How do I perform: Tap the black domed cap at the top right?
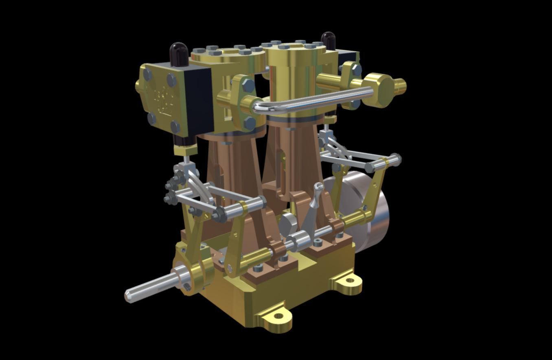[x=328, y=40]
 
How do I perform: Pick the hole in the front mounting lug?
[x=278, y=316]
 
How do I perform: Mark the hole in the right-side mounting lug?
[x=349, y=280]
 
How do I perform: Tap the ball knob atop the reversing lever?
[x=319, y=187]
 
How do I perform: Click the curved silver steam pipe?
[x=309, y=100]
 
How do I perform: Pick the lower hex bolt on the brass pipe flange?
[x=250, y=122]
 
